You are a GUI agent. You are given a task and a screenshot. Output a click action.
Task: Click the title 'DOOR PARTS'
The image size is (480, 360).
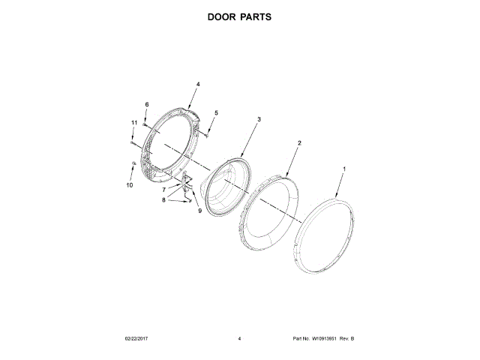coord(240,16)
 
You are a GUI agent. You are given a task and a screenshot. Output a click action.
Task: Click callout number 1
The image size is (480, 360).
coord(344,169)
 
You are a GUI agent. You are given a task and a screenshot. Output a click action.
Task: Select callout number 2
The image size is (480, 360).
coord(299,142)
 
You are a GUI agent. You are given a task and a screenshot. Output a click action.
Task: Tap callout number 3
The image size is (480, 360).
coord(259,119)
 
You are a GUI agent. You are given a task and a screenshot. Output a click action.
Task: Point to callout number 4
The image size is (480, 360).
coord(198,85)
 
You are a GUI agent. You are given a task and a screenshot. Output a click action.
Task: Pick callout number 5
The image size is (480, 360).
coord(216,113)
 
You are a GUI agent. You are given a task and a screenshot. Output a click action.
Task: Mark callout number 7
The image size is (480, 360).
coord(163,190)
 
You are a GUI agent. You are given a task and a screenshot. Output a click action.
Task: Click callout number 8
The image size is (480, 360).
coord(163,200)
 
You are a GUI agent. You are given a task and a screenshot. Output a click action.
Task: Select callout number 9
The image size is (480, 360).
coord(200,211)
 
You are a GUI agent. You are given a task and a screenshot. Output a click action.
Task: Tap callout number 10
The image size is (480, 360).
coord(128,184)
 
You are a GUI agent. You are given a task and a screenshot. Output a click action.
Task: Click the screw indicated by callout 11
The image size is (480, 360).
coord(133,140)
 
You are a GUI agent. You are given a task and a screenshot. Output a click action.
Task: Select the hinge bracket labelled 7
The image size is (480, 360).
coord(184,180)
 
